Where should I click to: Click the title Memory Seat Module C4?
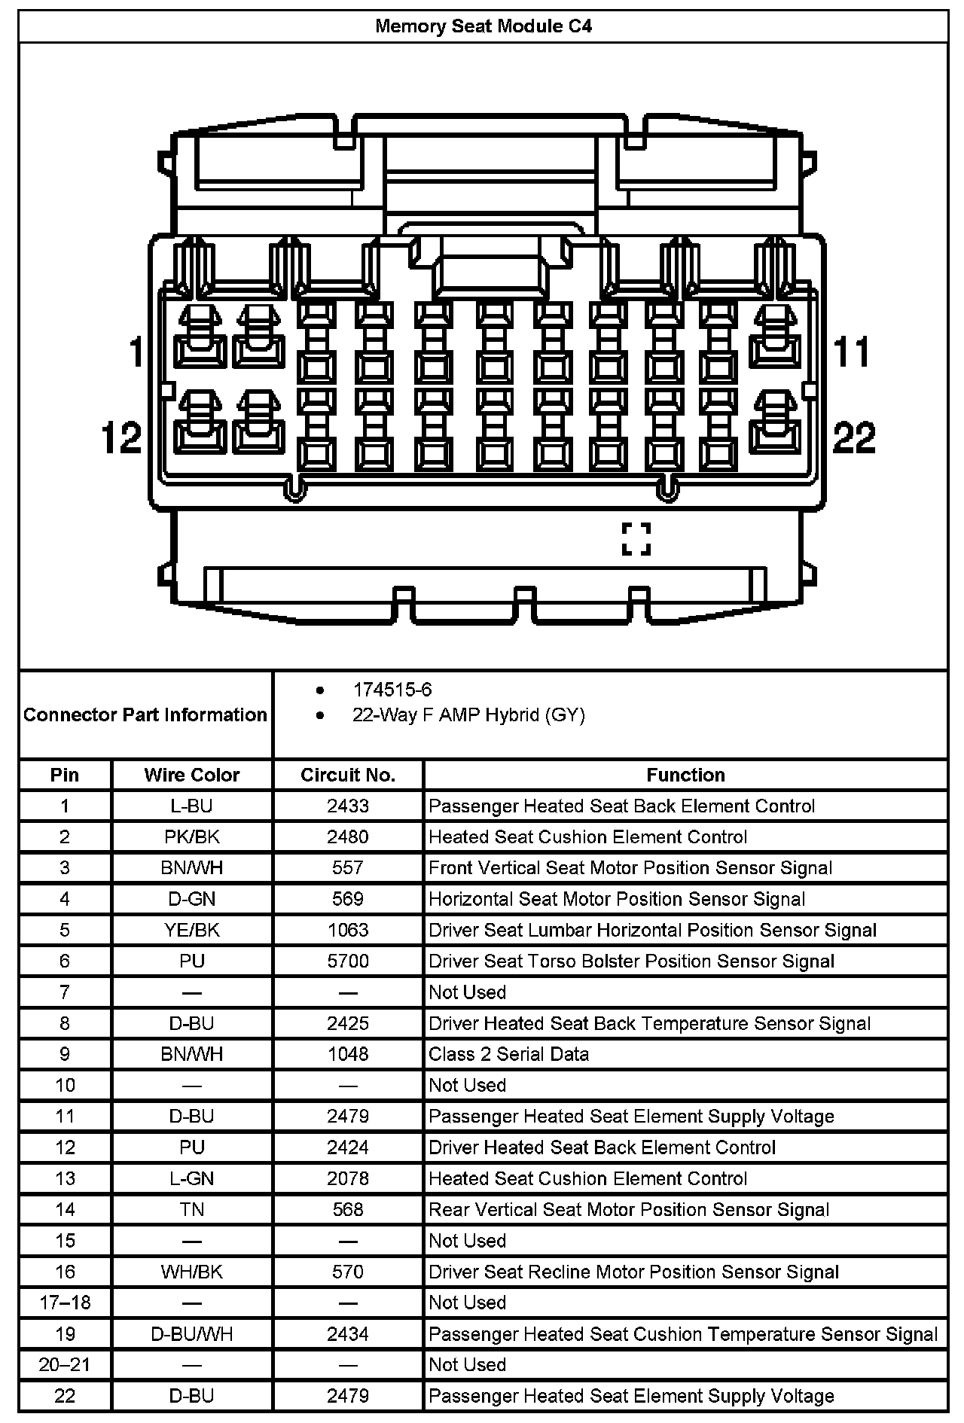(x=483, y=26)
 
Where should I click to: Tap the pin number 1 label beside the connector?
(x=136, y=352)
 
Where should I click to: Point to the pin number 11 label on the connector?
(x=852, y=352)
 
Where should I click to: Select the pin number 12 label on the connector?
(x=121, y=437)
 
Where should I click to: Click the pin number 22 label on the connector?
(x=854, y=437)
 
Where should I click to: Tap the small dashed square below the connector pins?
(x=636, y=539)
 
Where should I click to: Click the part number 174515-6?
(x=392, y=690)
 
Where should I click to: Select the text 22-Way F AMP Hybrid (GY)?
(x=468, y=715)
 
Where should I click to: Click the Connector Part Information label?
(x=145, y=715)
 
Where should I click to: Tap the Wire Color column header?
(x=191, y=775)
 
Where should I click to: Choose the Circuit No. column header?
(x=348, y=775)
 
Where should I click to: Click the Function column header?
(x=685, y=775)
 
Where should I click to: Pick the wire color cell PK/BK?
(x=191, y=836)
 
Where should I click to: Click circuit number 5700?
(x=348, y=961)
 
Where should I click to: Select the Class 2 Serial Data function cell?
(x=508, y=1054)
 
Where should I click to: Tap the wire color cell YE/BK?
(x=191, y=930)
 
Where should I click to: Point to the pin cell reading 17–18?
(x=65, y=1303)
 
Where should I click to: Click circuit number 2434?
(x=348, y=1334)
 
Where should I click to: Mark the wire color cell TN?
(x=191, y=1209)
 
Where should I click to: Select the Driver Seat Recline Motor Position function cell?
(x=633, y=1272)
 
